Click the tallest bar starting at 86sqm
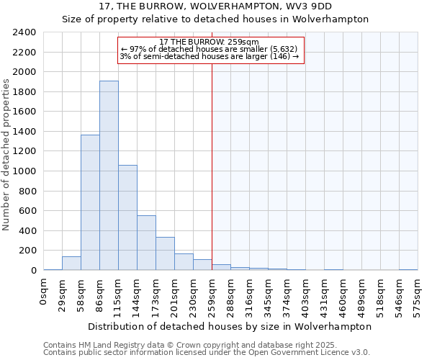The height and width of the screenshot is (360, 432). pos(109,175)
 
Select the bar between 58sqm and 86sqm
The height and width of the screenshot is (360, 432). pos(90,202)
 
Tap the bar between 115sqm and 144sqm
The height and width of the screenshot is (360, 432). pos(127,217)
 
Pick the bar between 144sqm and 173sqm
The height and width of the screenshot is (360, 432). pos(146,243)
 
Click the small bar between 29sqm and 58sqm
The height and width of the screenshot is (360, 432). pos(71,264)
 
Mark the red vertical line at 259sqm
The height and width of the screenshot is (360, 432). pos(212,166)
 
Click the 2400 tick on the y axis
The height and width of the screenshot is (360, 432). pos(24,32)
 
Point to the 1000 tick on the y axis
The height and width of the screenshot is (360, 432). pos(24,171)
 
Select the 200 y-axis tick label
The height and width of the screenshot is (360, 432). pos(27,251)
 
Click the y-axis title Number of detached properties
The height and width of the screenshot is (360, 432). pos(6,151)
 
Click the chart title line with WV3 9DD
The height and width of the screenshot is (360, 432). pos(215,6)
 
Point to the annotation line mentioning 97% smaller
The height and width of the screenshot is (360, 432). pos(209,49)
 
